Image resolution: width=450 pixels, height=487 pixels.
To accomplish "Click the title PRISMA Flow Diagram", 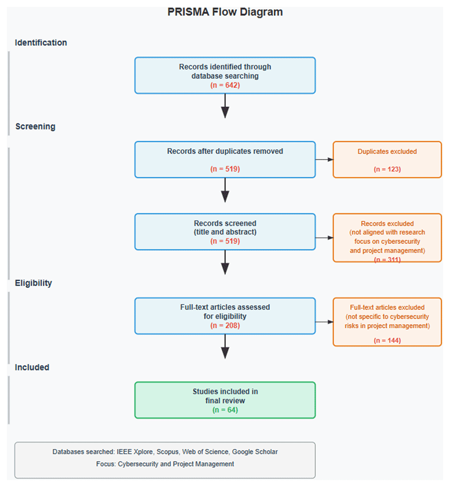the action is tap(225, 12).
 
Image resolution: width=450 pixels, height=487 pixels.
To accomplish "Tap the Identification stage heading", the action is tap(41, 42).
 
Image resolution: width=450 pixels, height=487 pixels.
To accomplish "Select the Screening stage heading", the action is tap(36, 126).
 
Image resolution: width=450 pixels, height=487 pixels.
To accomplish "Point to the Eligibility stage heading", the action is tap(33, 283).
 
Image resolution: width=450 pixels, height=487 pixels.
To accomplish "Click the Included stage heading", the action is tap(32, 367).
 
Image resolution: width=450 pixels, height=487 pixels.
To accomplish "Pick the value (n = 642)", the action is tap(225, 85).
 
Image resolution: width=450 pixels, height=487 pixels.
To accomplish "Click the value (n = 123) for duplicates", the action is tap(388, 169).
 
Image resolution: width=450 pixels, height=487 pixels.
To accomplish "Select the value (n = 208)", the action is tap(225, 325).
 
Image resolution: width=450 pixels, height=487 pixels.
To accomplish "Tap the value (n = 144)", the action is tap(388, 340).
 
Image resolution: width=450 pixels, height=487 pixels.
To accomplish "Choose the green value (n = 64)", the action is tap(225, 410).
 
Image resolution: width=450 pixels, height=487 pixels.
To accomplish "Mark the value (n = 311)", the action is tap(388, 260).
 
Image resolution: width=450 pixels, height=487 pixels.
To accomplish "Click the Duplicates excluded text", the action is tap(388, 151).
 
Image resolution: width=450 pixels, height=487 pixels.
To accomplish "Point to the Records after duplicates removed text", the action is tap(225, 151).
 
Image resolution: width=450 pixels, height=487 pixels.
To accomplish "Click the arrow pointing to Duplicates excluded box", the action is tap(324, 159).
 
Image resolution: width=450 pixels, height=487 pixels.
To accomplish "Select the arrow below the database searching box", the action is tap(225, 106).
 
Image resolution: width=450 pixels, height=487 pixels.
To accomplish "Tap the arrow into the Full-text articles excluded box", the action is tap(324, 322).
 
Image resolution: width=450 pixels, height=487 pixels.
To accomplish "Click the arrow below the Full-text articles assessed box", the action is tap(225, 346).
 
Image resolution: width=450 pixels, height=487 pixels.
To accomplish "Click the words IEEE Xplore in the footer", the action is tap(135, 451).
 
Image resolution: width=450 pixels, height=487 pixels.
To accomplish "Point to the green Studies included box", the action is tap(225, 400).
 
